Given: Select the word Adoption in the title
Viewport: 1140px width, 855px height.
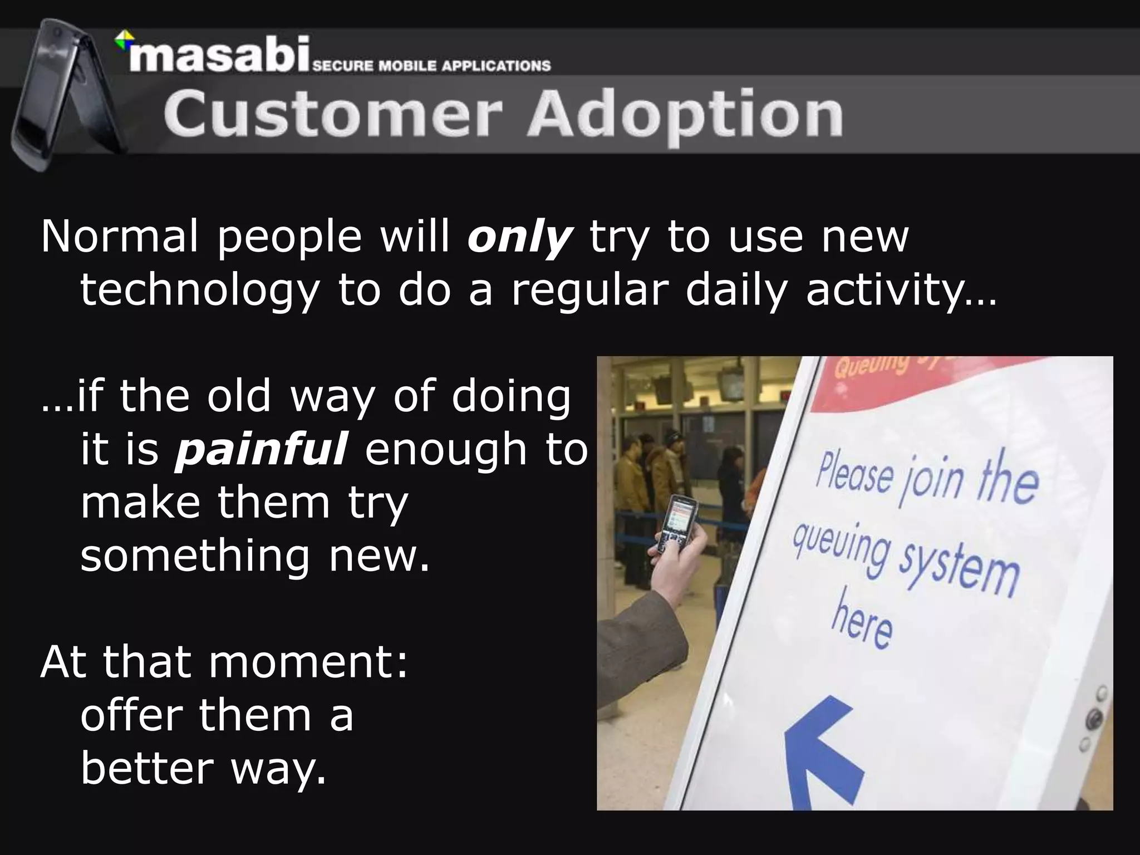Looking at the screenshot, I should [x=685, y=116].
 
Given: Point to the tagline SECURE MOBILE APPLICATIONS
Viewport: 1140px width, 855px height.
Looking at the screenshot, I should [x=431, y=66].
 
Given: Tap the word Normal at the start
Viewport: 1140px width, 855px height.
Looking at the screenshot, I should [x=119, y=237].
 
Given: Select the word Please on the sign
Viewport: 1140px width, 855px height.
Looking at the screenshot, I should [x=854, y=473].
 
